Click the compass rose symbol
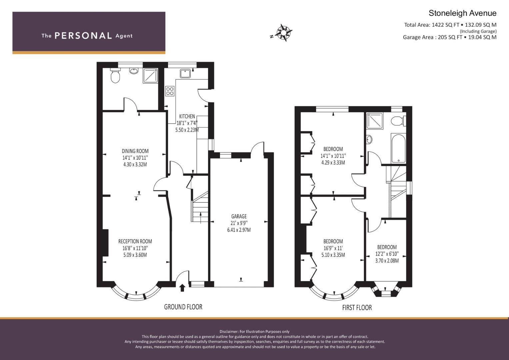[283, 33]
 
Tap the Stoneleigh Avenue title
[462, 13]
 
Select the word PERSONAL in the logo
[83, 36]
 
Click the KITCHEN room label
[187, 116]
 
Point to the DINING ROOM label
[135, 151]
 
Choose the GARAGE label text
[239, 216]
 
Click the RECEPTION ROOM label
[135, 241]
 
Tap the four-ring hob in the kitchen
[170, 91]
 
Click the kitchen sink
[185, 74]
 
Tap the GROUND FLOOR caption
[183, 307]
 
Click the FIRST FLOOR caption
[357, 307]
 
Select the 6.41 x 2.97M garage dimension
[239, 230]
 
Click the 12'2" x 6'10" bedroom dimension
[387, 254]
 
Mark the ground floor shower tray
[150, 76]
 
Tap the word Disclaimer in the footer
[229, 332]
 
